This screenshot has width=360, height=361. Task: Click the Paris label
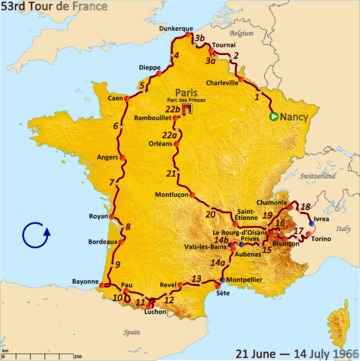[185, 86]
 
